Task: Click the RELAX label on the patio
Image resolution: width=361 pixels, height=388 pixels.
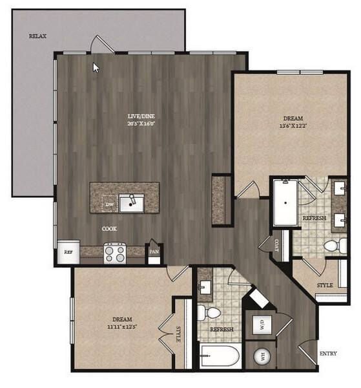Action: coord(37,37)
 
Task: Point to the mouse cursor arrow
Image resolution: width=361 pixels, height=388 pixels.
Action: coord(96,67)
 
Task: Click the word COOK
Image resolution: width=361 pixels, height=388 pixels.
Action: coord(109,229)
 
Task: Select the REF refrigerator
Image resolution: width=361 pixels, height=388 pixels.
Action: coord(68,252)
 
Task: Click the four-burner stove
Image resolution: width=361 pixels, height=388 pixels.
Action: coord(115,253)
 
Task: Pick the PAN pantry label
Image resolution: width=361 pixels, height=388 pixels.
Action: coord(154,251)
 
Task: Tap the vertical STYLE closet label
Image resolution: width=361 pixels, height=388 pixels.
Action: coord(178,334)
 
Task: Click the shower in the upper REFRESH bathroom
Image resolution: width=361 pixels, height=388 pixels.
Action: coord(285,202)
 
